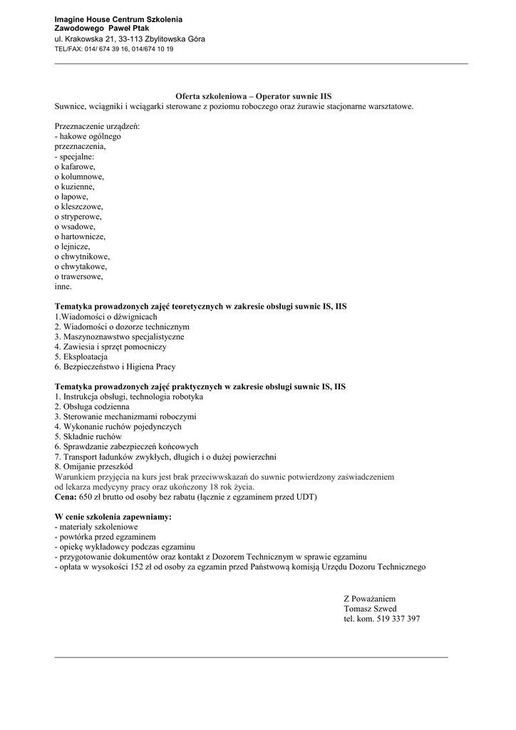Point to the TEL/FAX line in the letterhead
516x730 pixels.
113,49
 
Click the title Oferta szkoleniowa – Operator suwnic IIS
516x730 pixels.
254,96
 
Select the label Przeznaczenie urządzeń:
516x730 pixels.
97,126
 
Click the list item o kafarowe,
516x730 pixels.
75,166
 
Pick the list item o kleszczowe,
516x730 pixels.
78,206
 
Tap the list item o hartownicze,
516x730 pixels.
80,236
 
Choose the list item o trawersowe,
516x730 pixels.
78,276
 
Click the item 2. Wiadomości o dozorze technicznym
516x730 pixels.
122,327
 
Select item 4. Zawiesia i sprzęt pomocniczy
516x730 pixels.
110,346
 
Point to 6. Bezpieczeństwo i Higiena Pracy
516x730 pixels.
115,366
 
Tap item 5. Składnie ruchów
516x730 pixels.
88,436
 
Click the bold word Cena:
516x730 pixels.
66,496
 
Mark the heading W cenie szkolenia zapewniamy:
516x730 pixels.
113,516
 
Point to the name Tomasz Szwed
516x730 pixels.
370,609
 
